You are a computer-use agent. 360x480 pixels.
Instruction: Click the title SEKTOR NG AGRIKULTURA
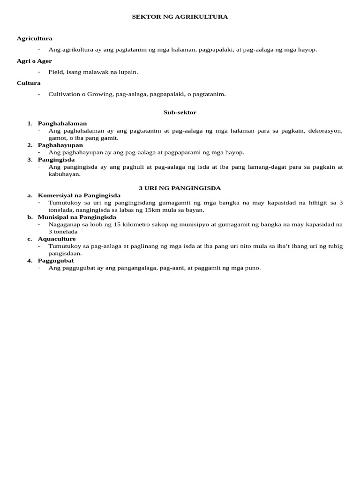180,17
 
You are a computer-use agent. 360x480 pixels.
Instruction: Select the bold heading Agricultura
34,38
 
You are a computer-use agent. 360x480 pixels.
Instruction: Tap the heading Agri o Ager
34,61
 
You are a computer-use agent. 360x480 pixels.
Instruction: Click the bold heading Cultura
29,83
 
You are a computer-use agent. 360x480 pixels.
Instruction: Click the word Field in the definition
55,72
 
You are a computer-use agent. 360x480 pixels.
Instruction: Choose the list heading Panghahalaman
62,123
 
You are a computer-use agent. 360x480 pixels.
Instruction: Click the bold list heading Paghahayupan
60,145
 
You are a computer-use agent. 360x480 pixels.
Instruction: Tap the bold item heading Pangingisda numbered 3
56,159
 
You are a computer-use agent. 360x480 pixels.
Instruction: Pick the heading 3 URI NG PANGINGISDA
180,188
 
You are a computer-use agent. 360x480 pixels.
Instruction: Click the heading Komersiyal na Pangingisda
79,195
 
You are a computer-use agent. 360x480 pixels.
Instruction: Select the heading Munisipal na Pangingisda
77,217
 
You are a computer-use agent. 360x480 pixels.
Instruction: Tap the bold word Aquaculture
57,239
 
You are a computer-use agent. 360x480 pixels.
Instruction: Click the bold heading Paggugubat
56,260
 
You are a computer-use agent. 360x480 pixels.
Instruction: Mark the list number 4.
30,260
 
